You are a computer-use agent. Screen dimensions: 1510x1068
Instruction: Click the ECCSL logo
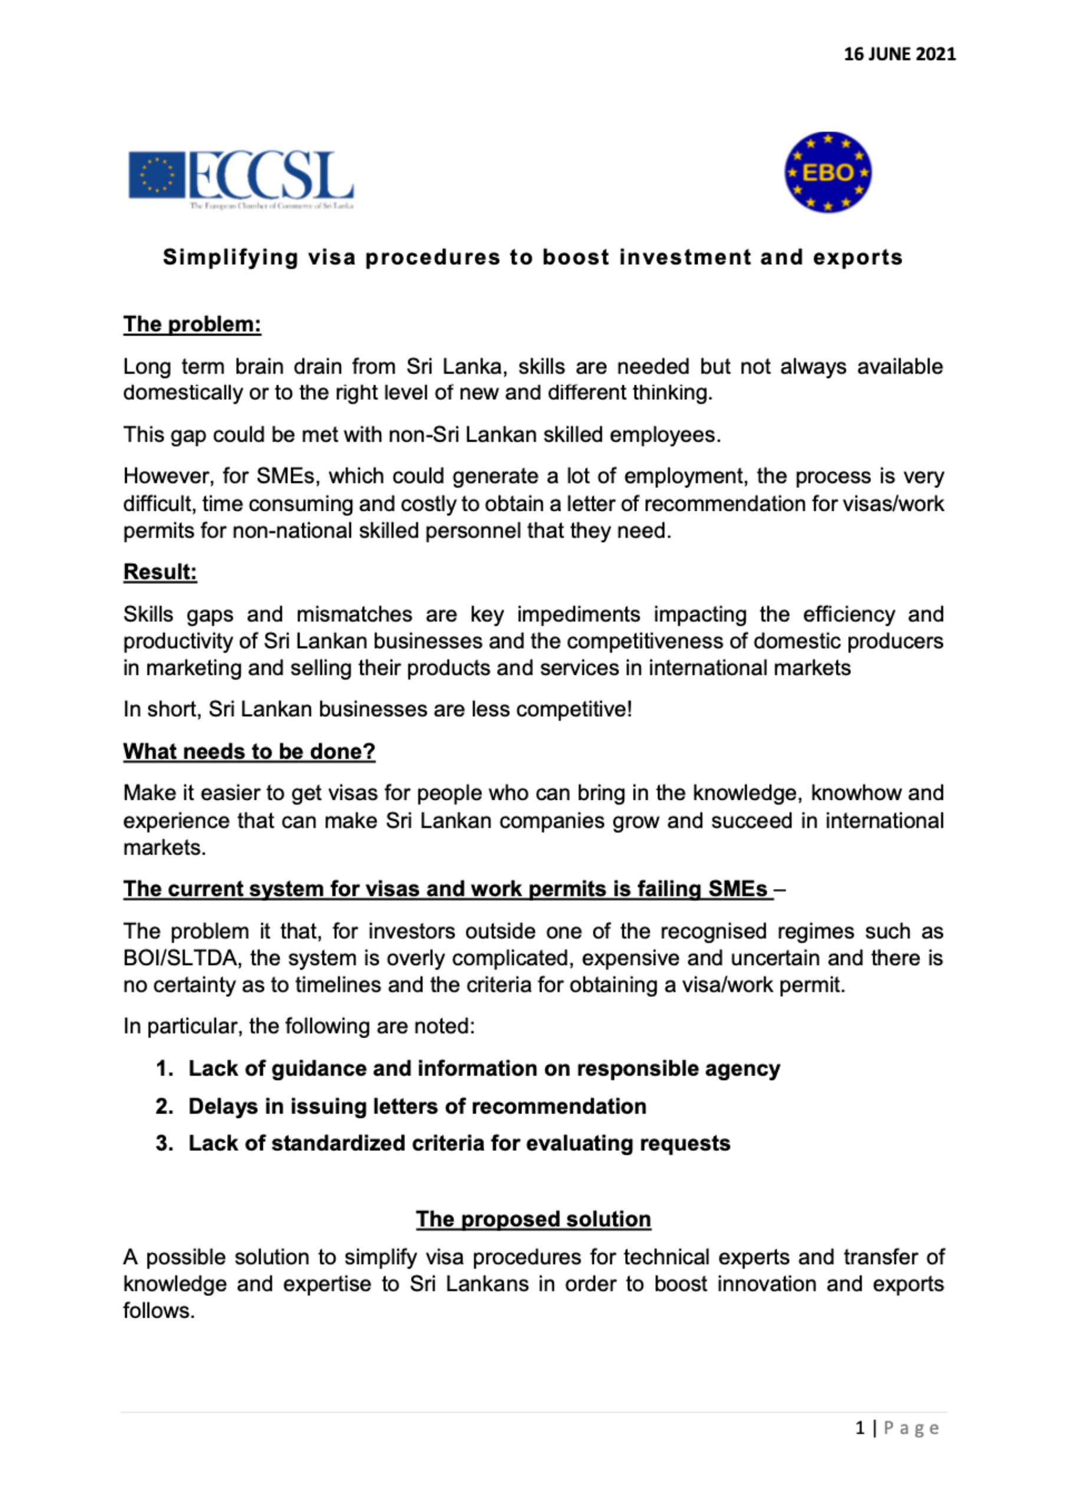[241, 176]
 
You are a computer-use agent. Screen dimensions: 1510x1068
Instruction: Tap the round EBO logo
[828, 172]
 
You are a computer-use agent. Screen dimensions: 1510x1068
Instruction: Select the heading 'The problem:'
[192, 324]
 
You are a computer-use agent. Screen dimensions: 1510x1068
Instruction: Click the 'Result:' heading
[160, 572]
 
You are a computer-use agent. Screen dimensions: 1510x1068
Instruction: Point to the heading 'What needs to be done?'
[249, 751]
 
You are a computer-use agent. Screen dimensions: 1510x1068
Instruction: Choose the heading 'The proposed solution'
[533, 1219]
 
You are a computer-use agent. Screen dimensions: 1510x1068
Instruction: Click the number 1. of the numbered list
[165, 1069]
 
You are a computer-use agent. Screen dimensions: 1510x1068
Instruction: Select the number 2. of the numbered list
[165, 1106]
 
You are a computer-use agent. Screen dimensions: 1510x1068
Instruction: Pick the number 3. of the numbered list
[165, 1143]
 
